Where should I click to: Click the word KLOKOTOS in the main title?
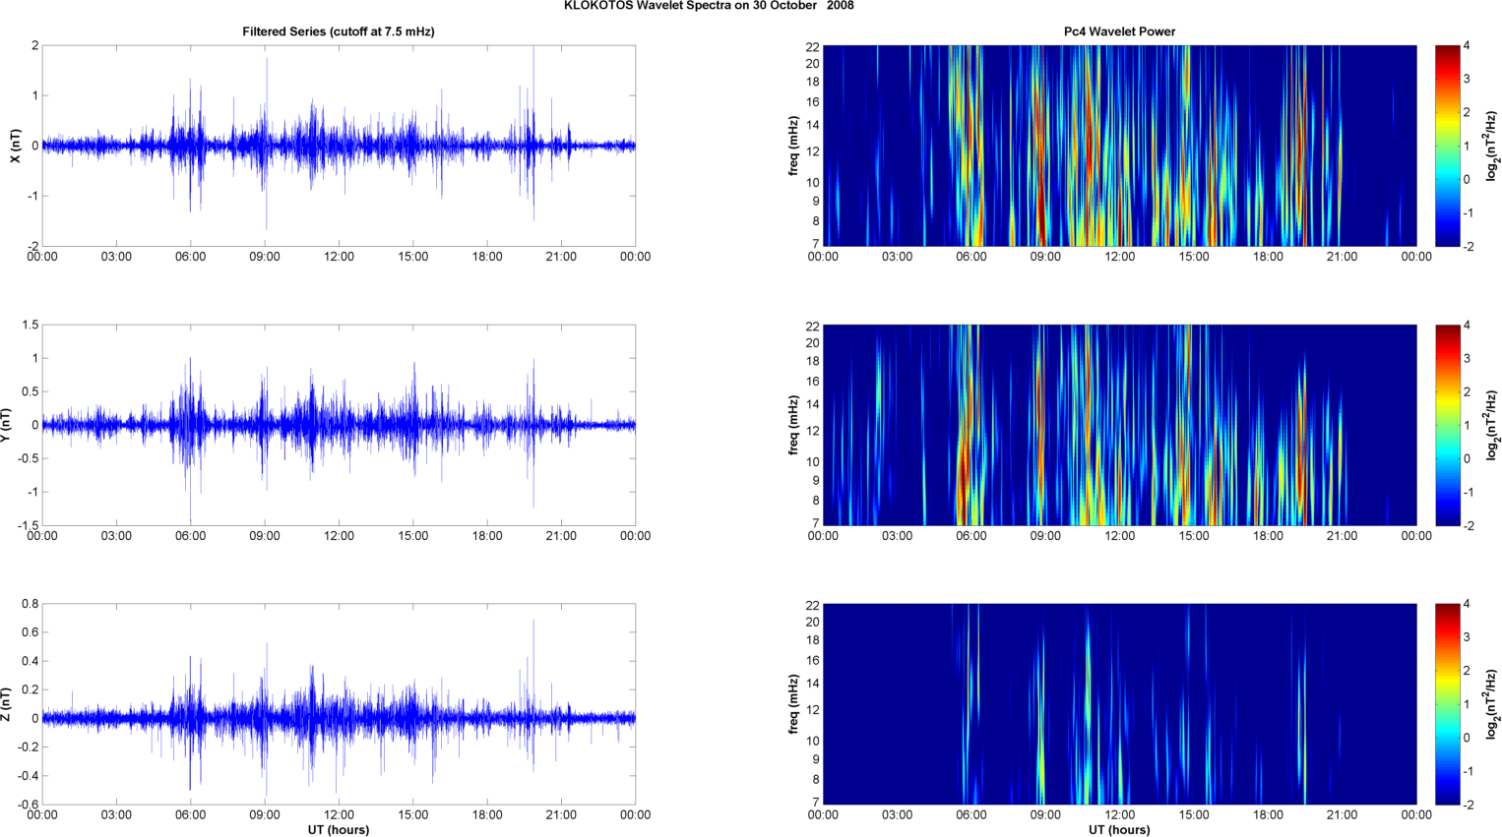coord(594,6)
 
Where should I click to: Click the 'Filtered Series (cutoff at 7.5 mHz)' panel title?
coord(339,31)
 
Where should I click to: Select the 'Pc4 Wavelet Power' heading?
coord(1119,31)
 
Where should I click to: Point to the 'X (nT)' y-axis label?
coord(15,146)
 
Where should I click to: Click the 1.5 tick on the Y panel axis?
coord(31,325)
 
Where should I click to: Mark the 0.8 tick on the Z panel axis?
coord(31,604)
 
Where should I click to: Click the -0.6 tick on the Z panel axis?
coord(29,805)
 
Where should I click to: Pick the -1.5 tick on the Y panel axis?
coord(28,525)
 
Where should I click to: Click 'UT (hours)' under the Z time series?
coord(339,830)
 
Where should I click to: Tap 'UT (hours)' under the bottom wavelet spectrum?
coord(1119,830)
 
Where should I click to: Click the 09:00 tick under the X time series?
coord(265,257)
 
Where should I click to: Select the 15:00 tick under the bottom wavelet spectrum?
coord(1194,814)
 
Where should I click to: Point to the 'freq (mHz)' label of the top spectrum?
coord(793,146)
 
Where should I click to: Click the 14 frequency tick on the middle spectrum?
coord(813,404)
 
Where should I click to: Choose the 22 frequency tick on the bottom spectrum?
coord(813,605)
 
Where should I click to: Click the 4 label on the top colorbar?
coord(1467,46)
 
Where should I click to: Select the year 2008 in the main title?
coord(841,6)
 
